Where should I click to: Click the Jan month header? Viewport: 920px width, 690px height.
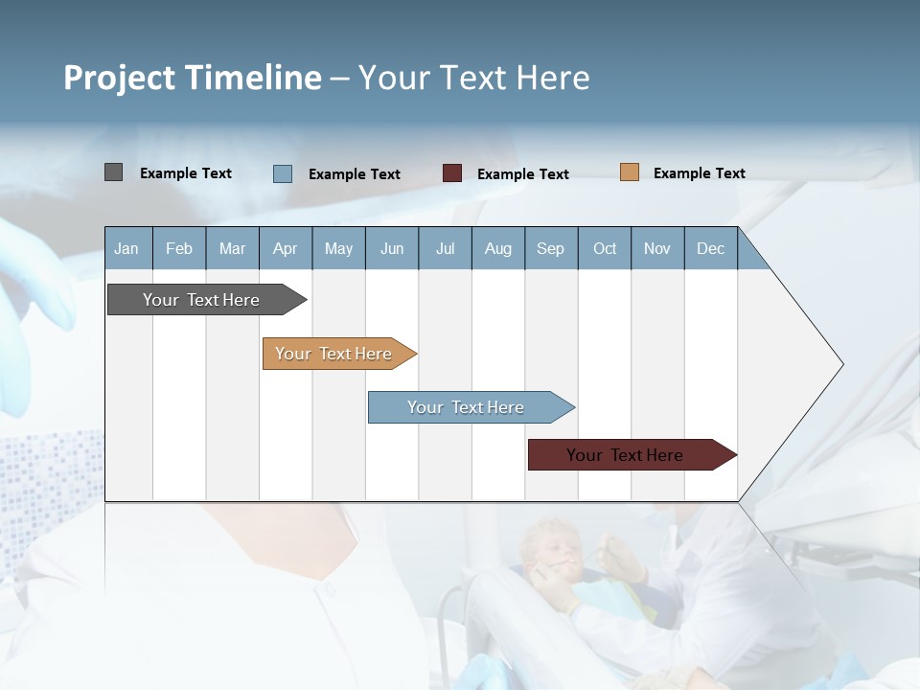click(x=126, y=248)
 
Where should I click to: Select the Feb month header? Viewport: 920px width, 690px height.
click(x=179, y=248)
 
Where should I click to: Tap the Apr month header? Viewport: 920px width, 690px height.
click(x=285, y=248)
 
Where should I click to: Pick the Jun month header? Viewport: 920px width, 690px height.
click(x=392, y=248)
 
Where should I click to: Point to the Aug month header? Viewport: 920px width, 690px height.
click(x=497, y=248)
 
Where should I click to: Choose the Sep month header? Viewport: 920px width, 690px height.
click(x=550, y=248)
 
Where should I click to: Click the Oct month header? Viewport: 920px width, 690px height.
click(x=605, y=248)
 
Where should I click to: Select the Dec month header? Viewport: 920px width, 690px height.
click(x=710, y=248)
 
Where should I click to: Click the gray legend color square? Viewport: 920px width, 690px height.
click(x=113, y=172)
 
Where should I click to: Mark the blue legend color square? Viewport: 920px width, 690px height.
click(x=282, y=173)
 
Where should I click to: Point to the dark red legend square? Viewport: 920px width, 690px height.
click(x=452, y=173)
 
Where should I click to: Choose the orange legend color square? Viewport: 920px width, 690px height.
click(x=629, y=172)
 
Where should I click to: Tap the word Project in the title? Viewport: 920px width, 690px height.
click(x=120, y=78)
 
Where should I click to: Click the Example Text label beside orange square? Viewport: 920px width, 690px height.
click(x=699, y=173)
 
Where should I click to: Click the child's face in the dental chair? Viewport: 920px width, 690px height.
click(x=548, y=551)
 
